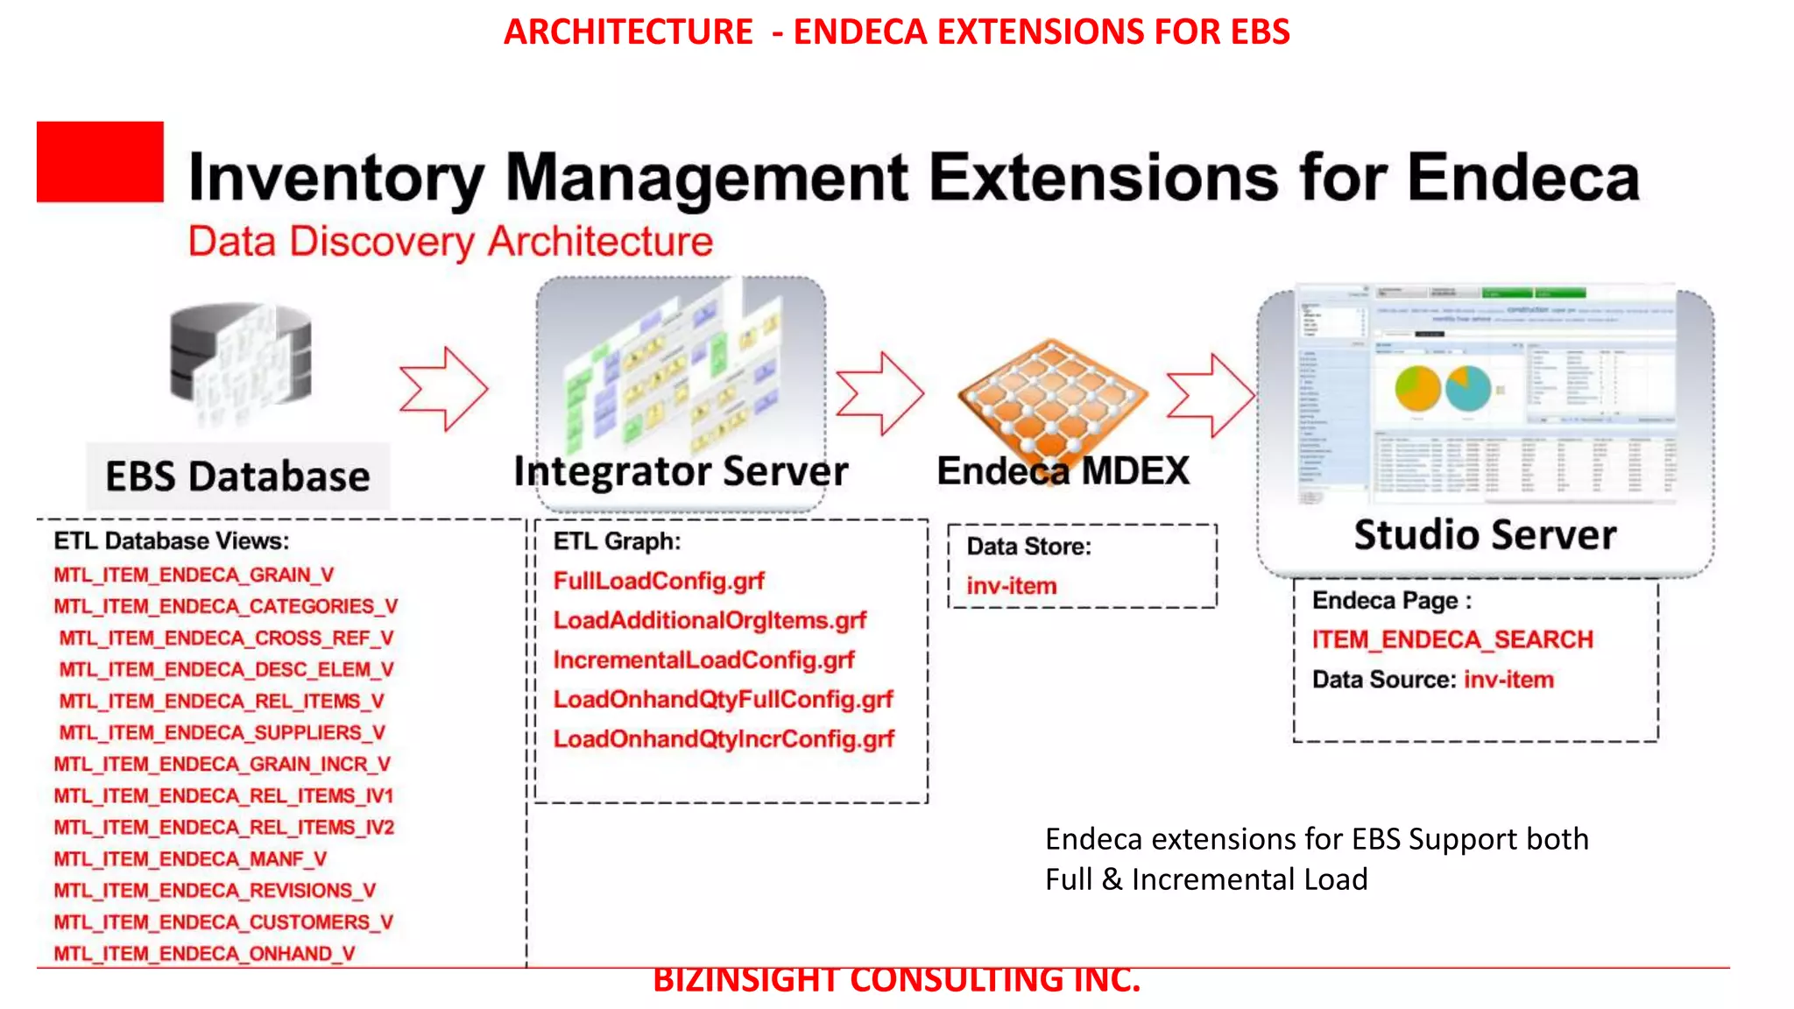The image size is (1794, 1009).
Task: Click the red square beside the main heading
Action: pyautogui.click(x=100, y=162)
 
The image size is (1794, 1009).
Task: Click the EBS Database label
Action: pyautogui.click(x=237, y=477)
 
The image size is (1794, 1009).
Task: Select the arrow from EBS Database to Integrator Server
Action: pyautogui.click(x=444, y=389)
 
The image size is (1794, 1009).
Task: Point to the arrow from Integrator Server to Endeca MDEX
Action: pyautogui.click(x=879, y=393)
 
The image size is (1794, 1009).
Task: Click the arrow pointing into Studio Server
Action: pyautogui.click(x=1211, y=395)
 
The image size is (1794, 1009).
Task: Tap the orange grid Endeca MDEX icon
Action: pyautogui.click(x=1052, y=392)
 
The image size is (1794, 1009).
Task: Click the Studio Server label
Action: pyautogui.click(x=1485, y=535)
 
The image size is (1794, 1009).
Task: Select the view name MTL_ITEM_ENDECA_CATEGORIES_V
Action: pyautogui.click(x=225, y=606)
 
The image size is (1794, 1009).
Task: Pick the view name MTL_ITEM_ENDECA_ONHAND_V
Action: pyautogui.click(x=204, y=953)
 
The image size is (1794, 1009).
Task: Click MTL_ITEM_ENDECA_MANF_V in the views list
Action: pyautogui.click(x=190, y=858)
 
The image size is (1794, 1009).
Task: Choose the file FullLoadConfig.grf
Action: pyautogui.click(x=659, y=581)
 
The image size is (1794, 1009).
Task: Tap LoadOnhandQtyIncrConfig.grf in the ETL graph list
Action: pyautogui.click(x=724, y=739)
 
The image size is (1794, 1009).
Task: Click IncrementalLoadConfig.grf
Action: pyautogui.click(x=703, y=660)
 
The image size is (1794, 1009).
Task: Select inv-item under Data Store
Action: pyautogui.click(x=1012, y=586)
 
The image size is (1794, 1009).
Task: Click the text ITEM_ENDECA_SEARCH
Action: pyautogui.click(x=1452, y=639)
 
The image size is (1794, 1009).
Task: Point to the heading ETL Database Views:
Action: pyautogui.click(x=172, y=540)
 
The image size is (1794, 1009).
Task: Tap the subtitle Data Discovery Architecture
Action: pyautogui.click(x=450, y=242)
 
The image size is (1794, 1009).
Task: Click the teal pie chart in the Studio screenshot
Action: pyautogui.click(x=1468, y=388)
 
